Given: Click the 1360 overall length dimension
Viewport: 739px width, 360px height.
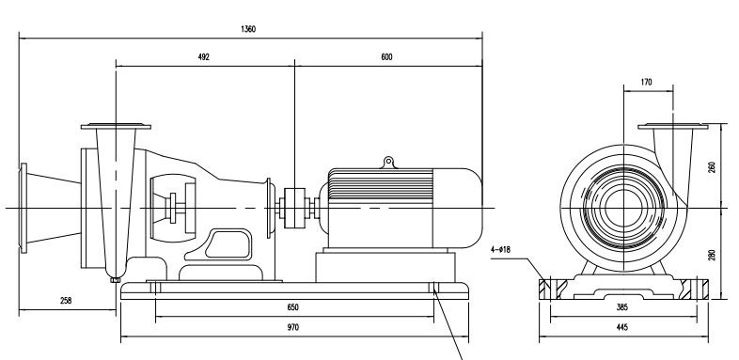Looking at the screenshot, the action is point(248,29).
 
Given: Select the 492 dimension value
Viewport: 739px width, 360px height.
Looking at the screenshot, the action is point(203,57).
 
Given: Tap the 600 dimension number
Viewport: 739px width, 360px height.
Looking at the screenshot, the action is point(386,57).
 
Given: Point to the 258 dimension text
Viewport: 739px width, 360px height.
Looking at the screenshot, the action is point(66,301).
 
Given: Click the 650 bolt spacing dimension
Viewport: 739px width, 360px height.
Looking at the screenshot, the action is point(292,307).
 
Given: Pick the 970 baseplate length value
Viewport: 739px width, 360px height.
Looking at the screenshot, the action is point(292,327).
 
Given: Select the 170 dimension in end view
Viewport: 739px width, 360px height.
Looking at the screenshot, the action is point(646,83).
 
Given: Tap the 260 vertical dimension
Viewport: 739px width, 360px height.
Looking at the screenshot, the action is point(712,167).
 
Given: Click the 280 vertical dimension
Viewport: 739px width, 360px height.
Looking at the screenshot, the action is point(712,255).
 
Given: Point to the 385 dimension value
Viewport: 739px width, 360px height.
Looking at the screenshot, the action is point(622,307).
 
